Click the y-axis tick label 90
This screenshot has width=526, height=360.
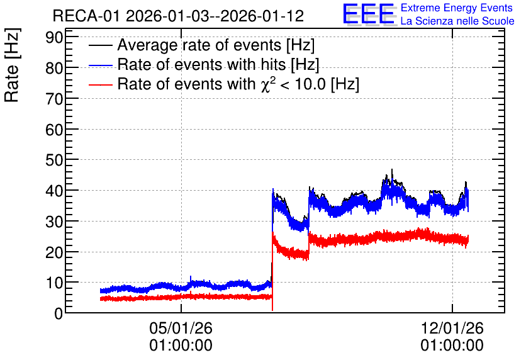pyautogui.click(x=54, y=37)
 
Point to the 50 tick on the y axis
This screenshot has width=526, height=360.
pyautogui.click(x=54, y=160)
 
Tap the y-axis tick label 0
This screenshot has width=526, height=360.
pyautogui.click(x=59, y=313)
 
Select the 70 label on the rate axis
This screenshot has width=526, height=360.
pyautogui.click(x=54, y=99)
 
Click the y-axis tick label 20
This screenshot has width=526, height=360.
pyautogui.click(x=54, y=252)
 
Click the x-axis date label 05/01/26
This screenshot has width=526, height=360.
pyautogui.click(x=181, y=328)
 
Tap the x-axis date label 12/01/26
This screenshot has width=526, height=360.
pyautogui.click(x=452, y=328)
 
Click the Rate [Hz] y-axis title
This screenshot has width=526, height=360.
pyautogui.click(x=12, y=65)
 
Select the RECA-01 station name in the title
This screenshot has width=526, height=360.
pyautogui.click(x=87, y=16)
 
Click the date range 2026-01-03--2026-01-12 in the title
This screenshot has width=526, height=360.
pyautogui.click(x=215, y=16)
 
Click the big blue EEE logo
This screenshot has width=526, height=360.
pyautogui.click(x=369, y=14)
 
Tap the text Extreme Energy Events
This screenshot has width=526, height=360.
pyautogui.click(x=457, y=8)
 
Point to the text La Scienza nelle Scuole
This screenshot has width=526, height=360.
pyautogui.click(x=457, y=21)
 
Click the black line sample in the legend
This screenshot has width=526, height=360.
pyautogui.click(x=101, y=45)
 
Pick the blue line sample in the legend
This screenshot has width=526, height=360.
pyautogui.click(x=101, y=65)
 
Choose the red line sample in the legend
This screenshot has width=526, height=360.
pyautogui.click(x=101, y=84)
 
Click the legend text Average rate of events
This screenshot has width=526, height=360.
pyautogui.click(x=199, y=45)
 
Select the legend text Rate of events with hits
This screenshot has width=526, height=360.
pyautogui.click(x=201, y=64)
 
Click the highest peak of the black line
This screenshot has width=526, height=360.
pyautogui.click(x=392, y=170)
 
